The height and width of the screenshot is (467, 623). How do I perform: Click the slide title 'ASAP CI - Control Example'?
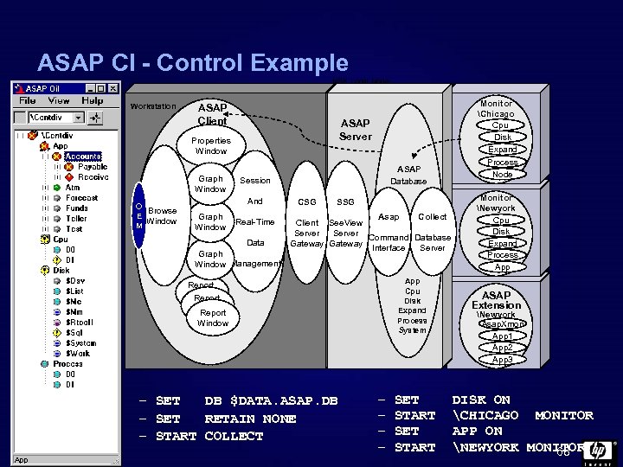192,63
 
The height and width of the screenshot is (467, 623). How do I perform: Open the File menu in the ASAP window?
28,101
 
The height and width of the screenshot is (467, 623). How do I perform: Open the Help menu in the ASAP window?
92,101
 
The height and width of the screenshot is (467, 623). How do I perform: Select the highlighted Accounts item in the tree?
83,157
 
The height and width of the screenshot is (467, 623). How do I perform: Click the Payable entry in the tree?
93,167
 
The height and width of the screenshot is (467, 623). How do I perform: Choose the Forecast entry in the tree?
82,198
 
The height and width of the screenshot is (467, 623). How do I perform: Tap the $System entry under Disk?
84,342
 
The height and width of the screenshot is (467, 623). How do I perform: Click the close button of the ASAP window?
112,88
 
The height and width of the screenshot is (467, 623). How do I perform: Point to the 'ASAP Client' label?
212,114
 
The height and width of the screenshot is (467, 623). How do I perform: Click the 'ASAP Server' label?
355,130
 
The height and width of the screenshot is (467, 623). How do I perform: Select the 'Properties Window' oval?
211,145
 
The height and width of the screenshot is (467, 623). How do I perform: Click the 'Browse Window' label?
162,215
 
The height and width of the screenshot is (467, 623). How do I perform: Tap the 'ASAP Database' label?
408,175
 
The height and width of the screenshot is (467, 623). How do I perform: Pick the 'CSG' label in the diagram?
306,202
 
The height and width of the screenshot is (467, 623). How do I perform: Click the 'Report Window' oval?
213,318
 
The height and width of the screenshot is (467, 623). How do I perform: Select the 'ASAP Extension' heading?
496,300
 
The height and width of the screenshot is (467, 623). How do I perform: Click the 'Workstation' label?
152,107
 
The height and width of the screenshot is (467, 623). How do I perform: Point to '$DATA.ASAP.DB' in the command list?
271,401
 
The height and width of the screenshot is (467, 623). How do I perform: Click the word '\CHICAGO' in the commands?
487,416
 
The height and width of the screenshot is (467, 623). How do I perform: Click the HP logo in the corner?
599,451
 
